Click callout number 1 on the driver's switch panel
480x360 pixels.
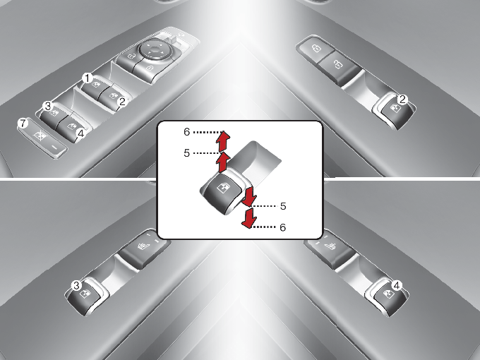pos(88,78)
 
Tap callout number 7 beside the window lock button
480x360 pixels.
pos(23,124)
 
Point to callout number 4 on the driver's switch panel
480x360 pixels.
pos(80,133)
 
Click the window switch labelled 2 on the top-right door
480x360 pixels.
pos(395,112)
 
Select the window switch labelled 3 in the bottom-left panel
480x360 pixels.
pos(85,298)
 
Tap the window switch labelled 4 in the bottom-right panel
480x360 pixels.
pos(388,298)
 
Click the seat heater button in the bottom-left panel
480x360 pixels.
pos(143,247)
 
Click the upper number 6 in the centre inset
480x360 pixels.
pos(187,132)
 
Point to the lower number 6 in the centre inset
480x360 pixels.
pos(283,227)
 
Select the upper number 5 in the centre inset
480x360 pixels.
pos(187,152)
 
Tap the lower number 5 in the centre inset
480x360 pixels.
pos(283,206)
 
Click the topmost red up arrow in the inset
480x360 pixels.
pos(223,141)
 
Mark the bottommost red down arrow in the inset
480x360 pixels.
pos(250,218)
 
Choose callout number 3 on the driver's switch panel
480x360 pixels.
pos(48,106)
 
